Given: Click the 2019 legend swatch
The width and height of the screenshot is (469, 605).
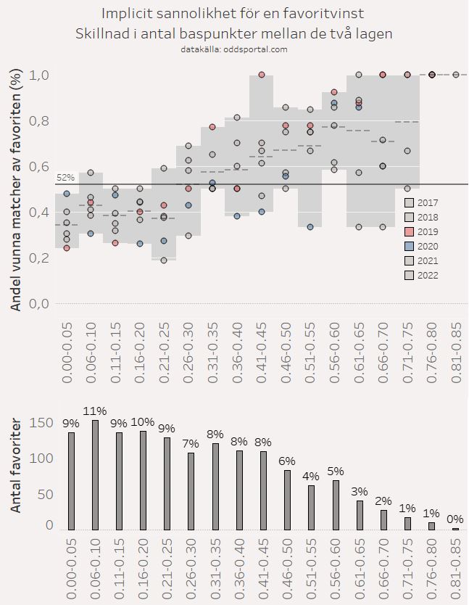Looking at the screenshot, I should pos(410,231).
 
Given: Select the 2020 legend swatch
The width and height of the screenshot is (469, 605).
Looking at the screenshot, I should pos(410,246).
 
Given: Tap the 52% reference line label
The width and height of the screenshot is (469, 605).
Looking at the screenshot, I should pos(65,178).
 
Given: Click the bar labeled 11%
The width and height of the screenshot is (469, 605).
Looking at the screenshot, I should pos(95,475).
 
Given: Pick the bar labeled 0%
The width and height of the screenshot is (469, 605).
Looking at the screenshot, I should pos(455,529).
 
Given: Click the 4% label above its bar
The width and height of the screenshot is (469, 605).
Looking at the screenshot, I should pos(311,477).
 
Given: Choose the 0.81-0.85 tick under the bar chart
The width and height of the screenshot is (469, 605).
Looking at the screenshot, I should pos(455,566).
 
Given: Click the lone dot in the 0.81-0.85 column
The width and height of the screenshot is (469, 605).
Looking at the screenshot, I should pos(455,74).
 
